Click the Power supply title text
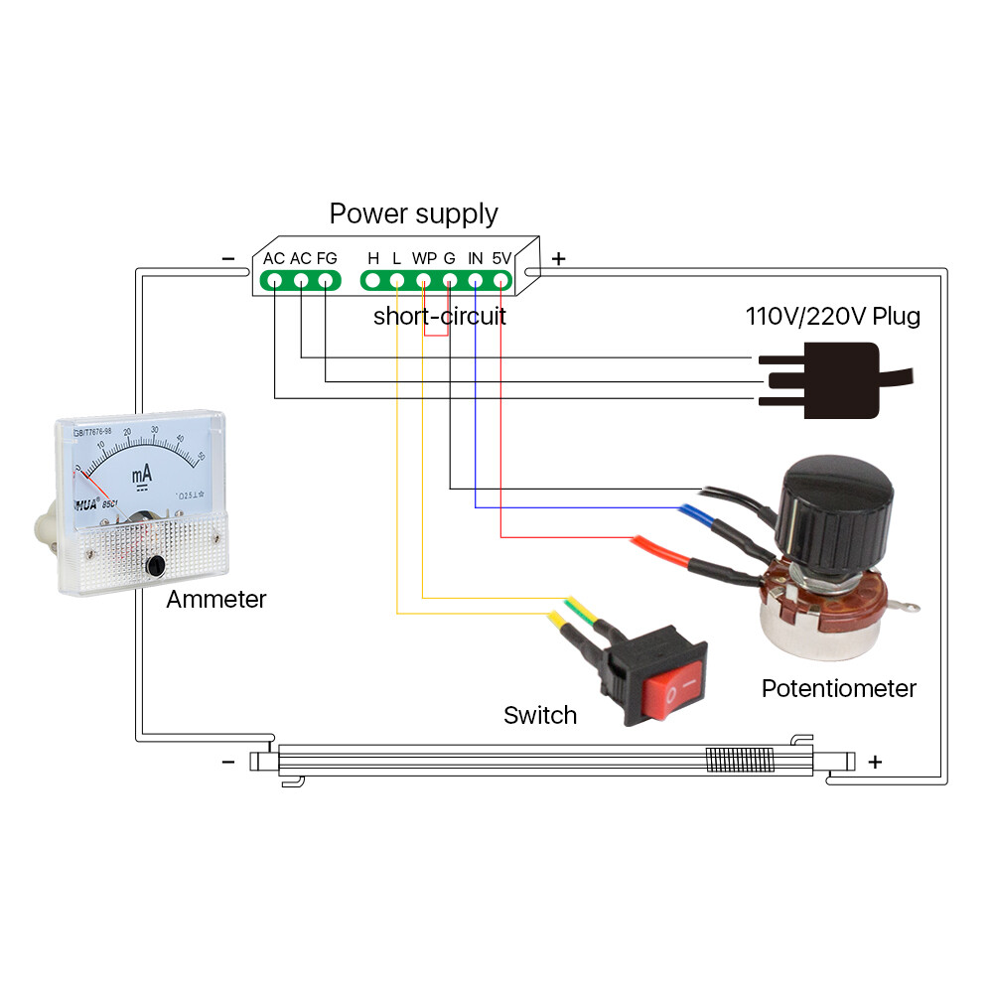coord(413,213)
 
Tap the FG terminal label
coord(327,258)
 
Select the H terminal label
coord(373,258)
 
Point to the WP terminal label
coord(424,258)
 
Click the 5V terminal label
coord(501,258)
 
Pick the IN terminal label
coord(476,258)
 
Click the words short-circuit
coord(439,317)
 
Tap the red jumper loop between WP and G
coord(436,335)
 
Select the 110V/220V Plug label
coord(833,317)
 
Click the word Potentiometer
coord(838,688)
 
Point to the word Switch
coord(539,715)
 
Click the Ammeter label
coord(215,600)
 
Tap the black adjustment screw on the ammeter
coord(155,566)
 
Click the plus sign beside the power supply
coord(558,259)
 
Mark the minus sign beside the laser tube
coord(228,762)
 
